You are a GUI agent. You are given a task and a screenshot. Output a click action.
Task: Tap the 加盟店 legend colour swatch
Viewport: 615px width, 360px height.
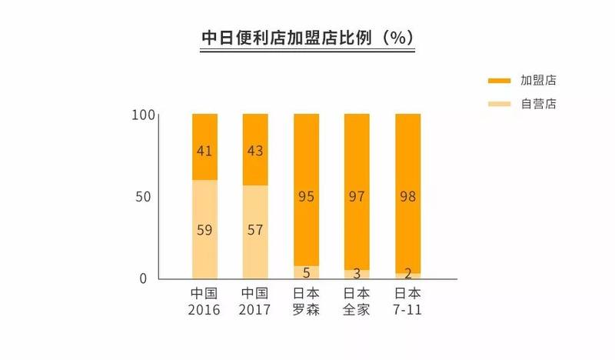click(x=500, y=80)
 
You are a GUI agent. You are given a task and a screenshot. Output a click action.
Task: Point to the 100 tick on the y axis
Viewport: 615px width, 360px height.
click(x=145, y=115)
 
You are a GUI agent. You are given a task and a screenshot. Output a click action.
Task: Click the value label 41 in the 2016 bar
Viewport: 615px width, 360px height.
click(x=204, y=152)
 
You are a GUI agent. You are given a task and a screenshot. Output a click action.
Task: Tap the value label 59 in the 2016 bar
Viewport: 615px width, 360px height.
click(x=204, y=229)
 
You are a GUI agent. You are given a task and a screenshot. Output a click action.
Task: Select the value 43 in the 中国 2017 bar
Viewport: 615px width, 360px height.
click(x=254, y=152)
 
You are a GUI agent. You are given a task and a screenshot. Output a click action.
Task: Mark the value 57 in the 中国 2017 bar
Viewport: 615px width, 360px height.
click(x=254, y=229)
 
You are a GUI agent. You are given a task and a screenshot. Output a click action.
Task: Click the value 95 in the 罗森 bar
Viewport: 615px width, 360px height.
click(x=306, y=198)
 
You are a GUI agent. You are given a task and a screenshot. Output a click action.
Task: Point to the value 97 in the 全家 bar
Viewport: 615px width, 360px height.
click(x=357, y=198)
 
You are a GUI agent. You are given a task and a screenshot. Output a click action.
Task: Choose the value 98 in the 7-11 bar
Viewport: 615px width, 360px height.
click(x=407, y=198)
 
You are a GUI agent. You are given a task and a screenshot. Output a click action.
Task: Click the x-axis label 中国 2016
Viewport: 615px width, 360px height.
click(x=204, y=302)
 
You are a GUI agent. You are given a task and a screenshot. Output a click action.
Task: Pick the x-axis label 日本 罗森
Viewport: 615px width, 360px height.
click(x=306, y=302)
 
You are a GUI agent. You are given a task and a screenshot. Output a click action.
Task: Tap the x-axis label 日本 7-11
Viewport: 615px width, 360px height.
click(x=407, y=302)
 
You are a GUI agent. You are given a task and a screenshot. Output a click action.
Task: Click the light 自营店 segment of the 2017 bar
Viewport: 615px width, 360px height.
click(x=254, y=254)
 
